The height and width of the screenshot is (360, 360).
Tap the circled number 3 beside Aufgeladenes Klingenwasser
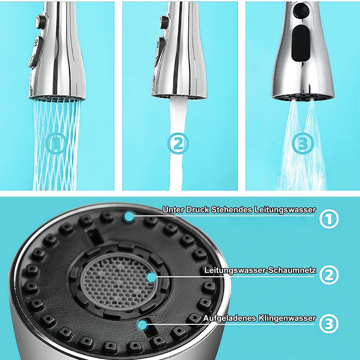pos(329,323)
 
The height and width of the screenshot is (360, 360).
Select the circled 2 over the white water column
pos(178,144)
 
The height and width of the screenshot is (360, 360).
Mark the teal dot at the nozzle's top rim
pos(130,216)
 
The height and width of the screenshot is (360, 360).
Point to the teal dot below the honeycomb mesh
pos(144,323)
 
